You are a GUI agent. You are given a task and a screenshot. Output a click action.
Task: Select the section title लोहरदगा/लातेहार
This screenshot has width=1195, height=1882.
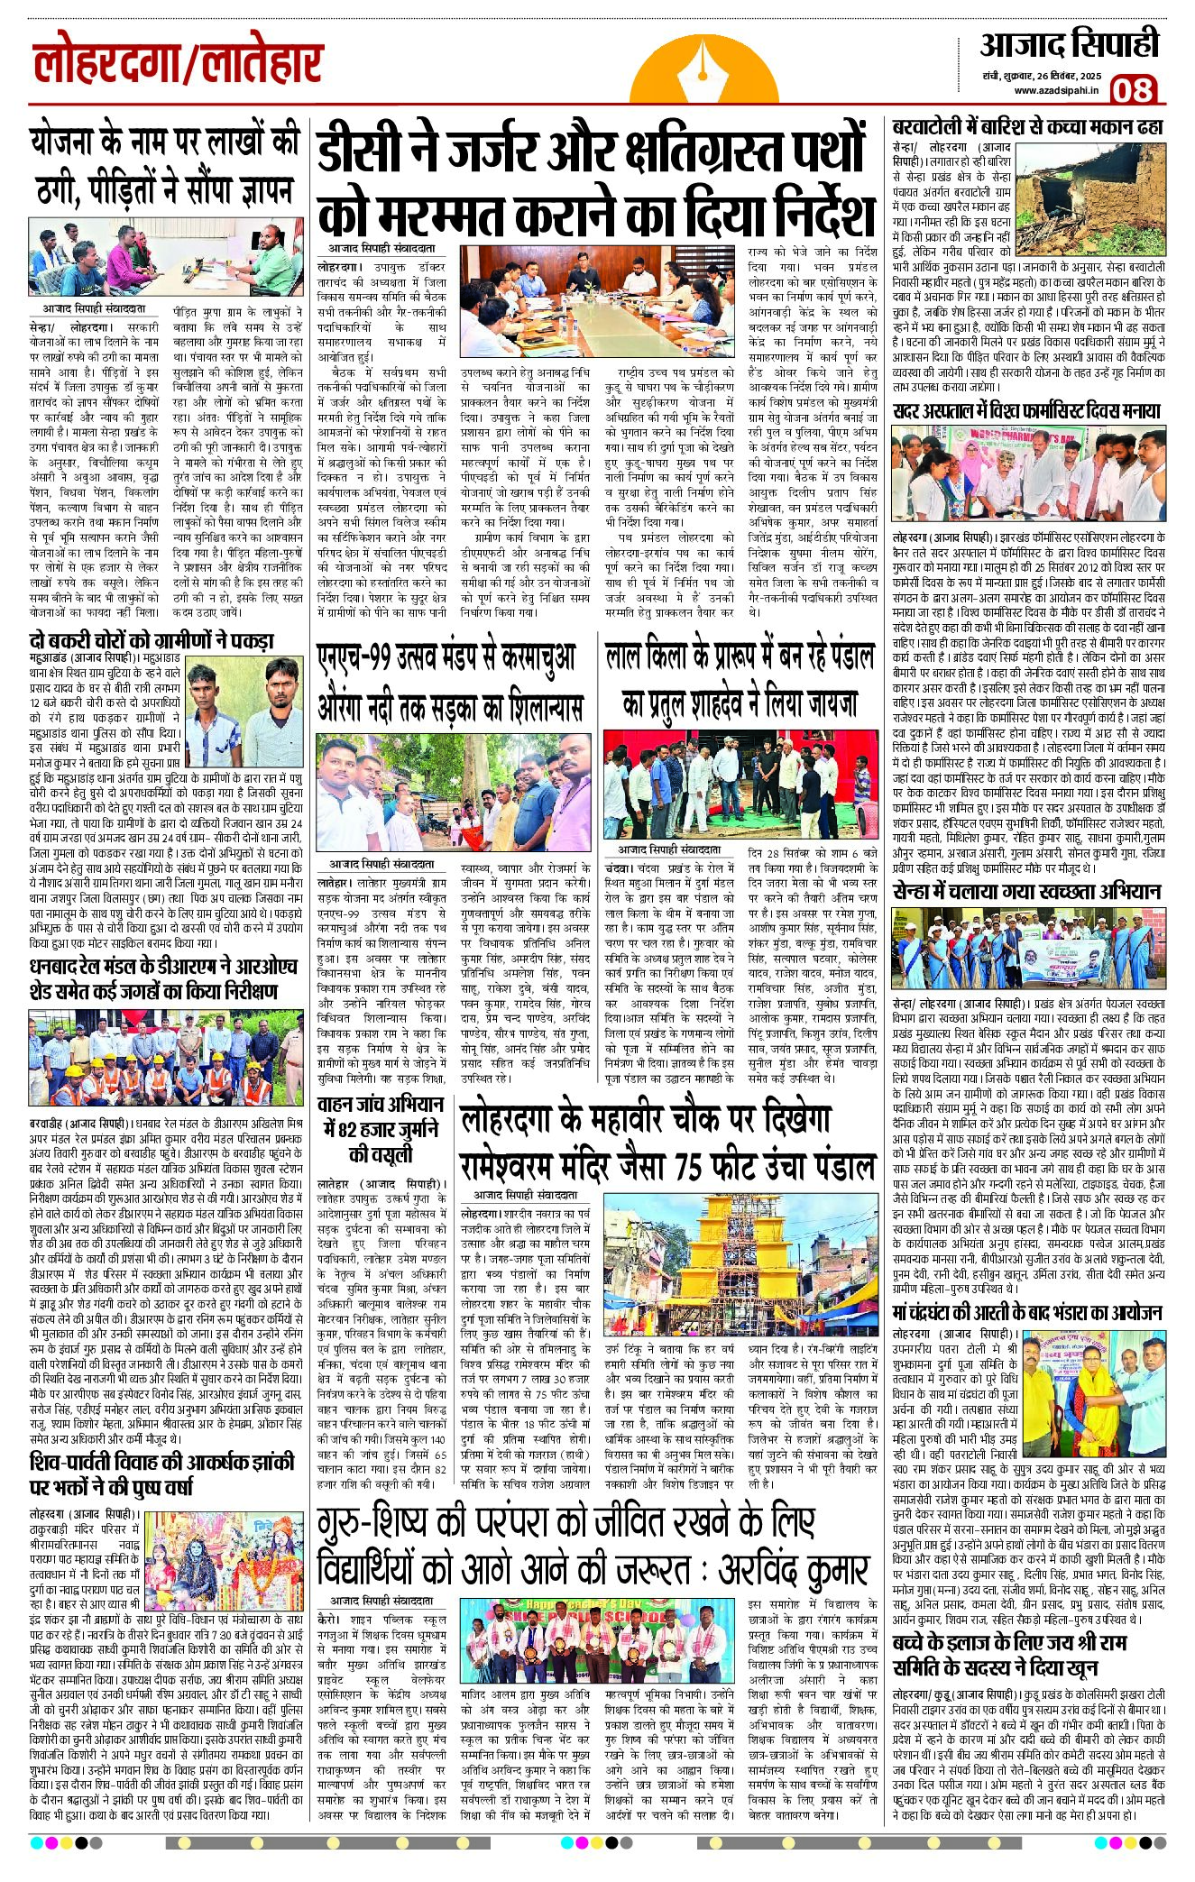tap(178, 63)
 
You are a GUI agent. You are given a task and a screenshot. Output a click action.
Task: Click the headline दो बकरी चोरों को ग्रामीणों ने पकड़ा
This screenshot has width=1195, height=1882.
tap(151, 641)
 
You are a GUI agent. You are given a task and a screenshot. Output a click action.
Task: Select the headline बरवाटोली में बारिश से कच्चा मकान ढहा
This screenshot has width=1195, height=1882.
tap(1027, 126)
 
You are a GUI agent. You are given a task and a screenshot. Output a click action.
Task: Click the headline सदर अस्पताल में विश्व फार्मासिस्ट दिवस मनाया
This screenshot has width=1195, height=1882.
tap(1026, 411)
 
